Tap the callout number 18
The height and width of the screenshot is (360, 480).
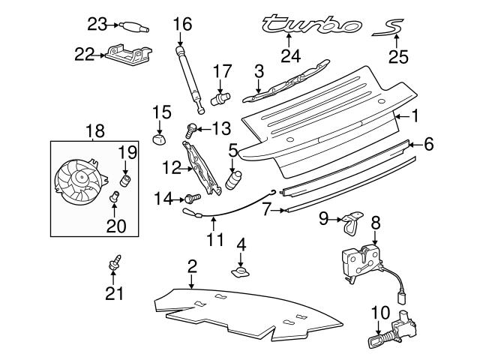pyautogui.click(x=95, y=132)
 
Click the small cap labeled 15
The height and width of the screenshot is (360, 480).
pyautogui.click(x=157, y=139)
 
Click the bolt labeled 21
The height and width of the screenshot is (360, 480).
pyautogui.click(x=115, y=262)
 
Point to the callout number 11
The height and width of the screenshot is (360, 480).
pyautogui.click(x=215, y=241)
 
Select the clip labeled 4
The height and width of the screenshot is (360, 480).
pyautogui.click(x=241, y=270)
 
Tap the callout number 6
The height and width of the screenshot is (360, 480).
pyautogui.click(x=428, y=143)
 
